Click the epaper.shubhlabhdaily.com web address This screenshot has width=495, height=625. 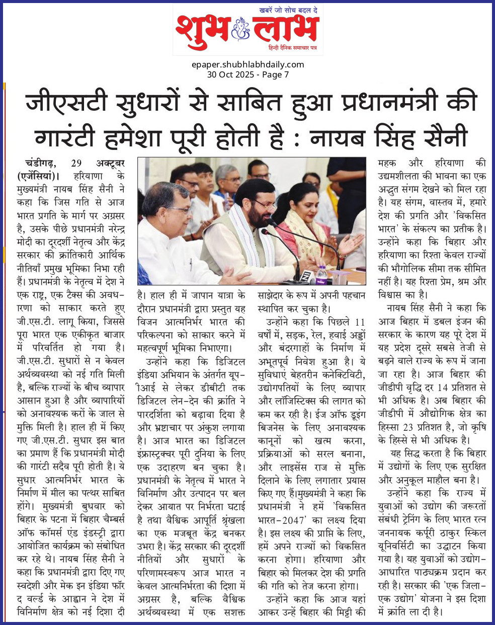pyautogui.click(x=247, y=64)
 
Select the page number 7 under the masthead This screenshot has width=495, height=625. pyautogui.click(x=286, y=74)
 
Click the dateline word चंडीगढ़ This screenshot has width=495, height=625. pyautogui.click(x=45, y=164)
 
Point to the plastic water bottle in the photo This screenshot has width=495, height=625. pyautogui.click(x=321, y=273)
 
